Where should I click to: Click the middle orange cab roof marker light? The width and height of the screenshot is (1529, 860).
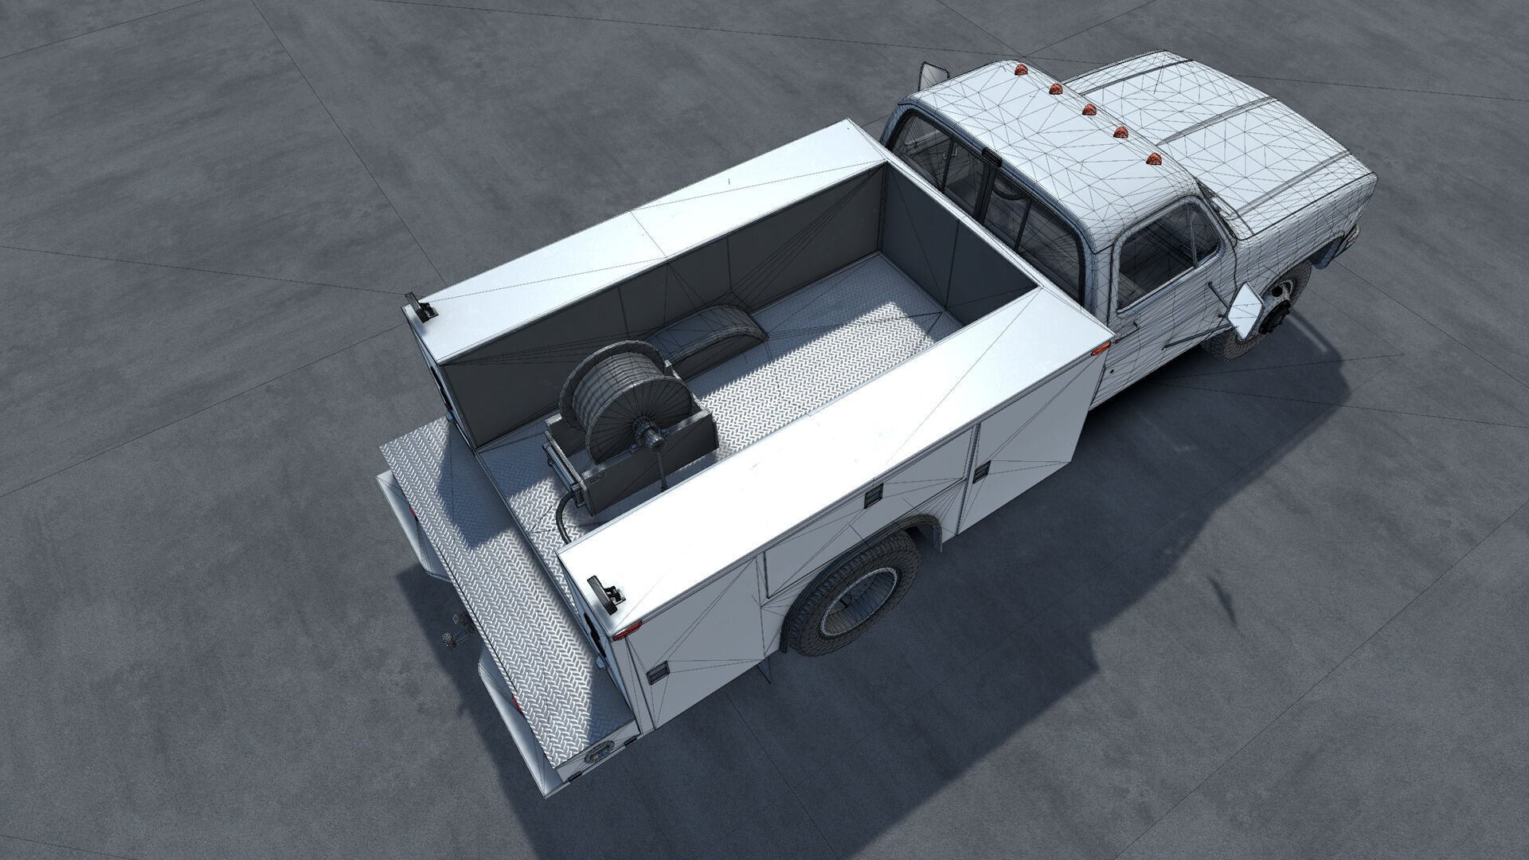coord(1087,109)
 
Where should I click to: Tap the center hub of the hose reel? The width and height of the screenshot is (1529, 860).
coord(655,438)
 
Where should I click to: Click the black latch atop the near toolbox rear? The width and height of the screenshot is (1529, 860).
coord(605,596)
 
